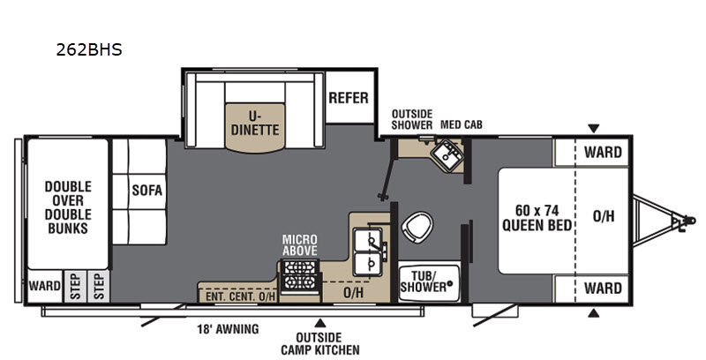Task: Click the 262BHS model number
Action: tap(89, 49)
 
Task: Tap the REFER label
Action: tap(349, 98)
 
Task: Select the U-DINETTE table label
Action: tap(255, 124)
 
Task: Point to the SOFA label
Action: tap(146, 191)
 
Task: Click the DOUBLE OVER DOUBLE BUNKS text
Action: tap(68, 207)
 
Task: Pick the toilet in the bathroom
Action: tap(417, 227)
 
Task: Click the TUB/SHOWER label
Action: tap(424, 281)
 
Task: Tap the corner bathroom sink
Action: tap(447, 154)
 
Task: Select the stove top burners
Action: tap(299, 275)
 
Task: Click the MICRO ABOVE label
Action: tap(300, 244)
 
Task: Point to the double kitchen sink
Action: tap(368, 251)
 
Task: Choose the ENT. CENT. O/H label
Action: tap(240, 296)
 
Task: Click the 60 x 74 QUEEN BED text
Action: tap(537, 218)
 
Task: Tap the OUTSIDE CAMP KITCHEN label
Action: tap(320, 343)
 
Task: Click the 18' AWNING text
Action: tap(228, 329)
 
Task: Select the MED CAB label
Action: tap(461, 124)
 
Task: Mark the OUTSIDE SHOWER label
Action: tap(411, 120)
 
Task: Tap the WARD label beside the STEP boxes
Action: tap(45, 286)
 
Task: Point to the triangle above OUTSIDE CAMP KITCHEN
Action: tap(320, 323)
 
